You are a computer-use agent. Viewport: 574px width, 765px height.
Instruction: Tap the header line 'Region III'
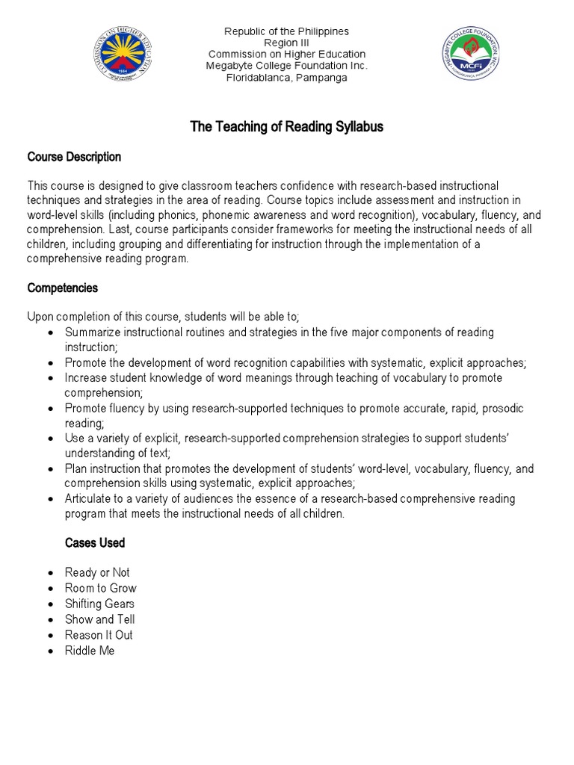point(287,43)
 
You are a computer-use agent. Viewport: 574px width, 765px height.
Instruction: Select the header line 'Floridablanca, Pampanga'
point(287,78)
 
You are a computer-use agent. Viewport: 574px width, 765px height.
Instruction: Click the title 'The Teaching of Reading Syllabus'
point(287,127)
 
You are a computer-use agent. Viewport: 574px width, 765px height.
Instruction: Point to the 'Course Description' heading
point(74,157)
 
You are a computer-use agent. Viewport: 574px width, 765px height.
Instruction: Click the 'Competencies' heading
point(62,288)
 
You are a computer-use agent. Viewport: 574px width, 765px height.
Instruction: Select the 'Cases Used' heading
point(95,542)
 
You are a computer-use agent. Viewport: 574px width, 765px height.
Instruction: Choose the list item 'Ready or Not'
point(97,572)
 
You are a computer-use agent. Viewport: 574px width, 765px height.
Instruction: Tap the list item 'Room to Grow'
point(100,588)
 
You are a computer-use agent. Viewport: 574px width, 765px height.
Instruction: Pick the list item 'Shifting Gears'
point(99,604)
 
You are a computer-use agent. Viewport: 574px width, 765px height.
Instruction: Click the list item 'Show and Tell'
point(99,619)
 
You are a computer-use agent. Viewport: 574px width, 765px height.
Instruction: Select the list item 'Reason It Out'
point(99,635)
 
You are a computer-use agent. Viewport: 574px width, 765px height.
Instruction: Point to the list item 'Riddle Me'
point(90,651)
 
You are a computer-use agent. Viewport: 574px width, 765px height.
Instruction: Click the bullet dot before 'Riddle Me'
point(49,651)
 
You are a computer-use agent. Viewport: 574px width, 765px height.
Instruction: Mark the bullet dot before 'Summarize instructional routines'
point(49,332)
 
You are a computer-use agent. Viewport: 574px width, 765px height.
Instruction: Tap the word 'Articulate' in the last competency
point(90,498)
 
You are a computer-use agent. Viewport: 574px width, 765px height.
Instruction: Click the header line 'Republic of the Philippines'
point(287,31)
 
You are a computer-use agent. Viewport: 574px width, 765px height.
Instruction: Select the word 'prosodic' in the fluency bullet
point(502,409)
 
